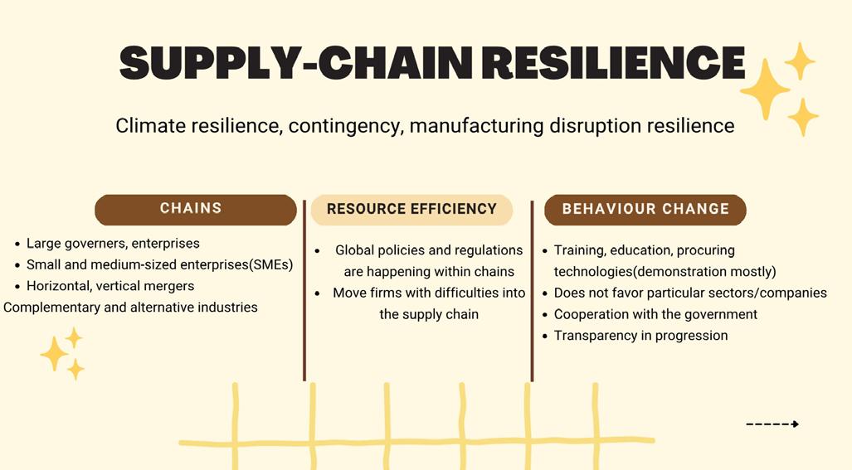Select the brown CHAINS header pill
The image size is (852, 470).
(195, 210)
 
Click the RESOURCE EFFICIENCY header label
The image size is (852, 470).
(411, 210)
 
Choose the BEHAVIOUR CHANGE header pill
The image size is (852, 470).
(645, 210)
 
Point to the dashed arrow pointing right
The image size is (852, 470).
(772, 424)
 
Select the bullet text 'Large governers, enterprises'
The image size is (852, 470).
(113, 244)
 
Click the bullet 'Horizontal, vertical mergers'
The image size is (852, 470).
(110, 286)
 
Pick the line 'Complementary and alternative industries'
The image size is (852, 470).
(130, 308)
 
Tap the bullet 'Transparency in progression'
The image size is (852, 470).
(640, 336)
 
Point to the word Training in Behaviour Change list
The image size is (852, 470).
(579, 250)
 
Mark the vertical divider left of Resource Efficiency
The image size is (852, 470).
(304, 290)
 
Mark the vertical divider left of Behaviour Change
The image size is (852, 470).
(532, 290)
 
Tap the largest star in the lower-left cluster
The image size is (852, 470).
(55, 354)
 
